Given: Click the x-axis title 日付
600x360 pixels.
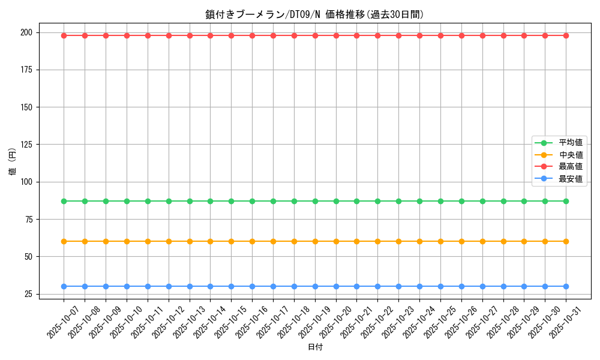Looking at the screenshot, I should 314,347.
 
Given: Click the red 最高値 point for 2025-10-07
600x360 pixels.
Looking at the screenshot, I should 64,35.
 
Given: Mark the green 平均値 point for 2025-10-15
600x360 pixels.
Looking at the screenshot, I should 231,201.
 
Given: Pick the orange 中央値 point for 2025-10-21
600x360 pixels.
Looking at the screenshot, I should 356,241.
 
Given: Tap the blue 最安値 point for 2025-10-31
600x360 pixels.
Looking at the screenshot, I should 566,286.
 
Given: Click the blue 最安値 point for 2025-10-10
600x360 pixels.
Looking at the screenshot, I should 127,286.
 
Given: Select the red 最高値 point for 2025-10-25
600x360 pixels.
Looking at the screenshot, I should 440,35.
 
